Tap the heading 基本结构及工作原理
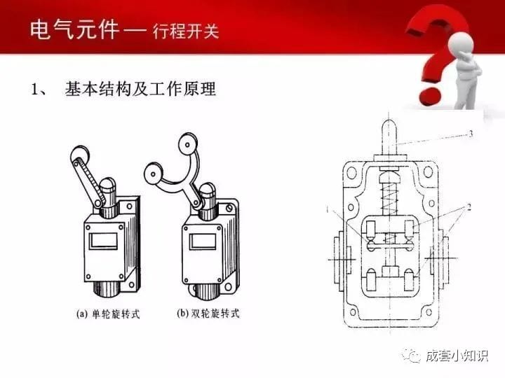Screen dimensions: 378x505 (x=140, y=89)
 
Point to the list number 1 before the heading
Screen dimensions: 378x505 (x=34, y=90)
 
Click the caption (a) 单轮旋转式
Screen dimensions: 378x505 (x=107, y=314)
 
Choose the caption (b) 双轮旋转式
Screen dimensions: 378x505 (x=206, y=314)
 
